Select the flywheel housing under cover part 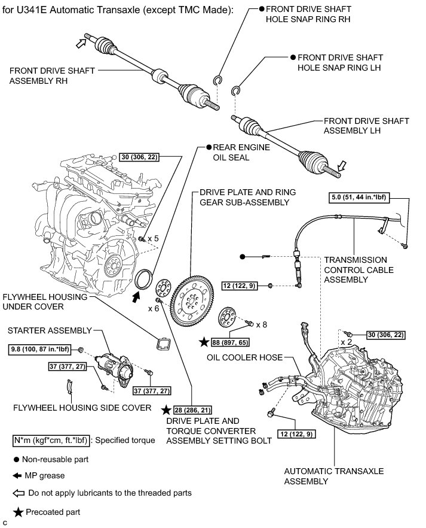[163, 343]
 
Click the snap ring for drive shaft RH [218, 80]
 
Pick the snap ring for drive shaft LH [237, 89]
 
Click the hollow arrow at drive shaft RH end [79, 41]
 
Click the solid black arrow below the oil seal [136, 295]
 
